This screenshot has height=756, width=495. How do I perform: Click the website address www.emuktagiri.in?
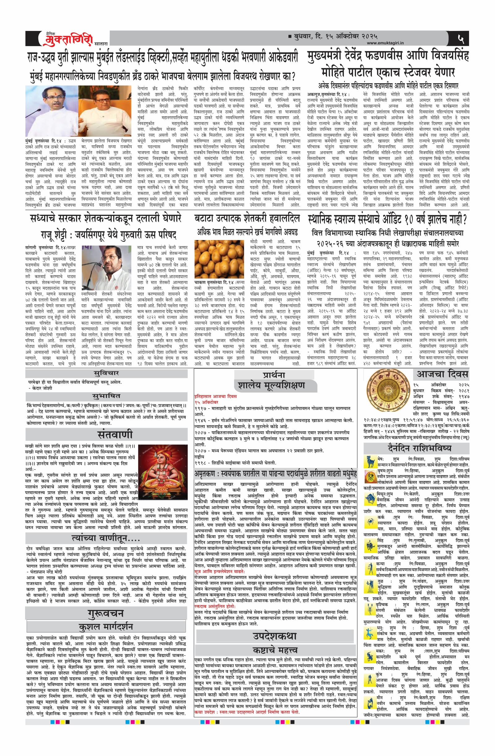(x=385, y=43)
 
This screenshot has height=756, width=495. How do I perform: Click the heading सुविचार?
(x=106, y=373)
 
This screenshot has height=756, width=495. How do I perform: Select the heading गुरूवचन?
(x=106, y=613)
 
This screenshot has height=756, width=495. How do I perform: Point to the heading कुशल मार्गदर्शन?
(x=106, y=627)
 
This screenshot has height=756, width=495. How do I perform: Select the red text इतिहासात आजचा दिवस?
(x=215, y=396)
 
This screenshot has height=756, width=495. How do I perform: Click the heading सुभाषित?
(x=106, y=396)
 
